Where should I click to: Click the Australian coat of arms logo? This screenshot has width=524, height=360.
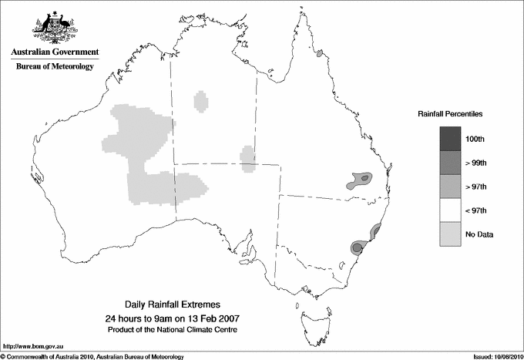(52, 26)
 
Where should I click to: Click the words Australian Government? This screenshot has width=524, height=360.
(52, 52)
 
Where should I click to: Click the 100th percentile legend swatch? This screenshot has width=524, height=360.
(450, 138)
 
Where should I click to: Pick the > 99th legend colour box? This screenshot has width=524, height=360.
(450, 162)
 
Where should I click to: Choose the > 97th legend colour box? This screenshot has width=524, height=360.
(450, 186)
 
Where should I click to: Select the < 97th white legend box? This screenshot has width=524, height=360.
(450, 210)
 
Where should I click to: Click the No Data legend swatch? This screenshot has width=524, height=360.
(450, 234)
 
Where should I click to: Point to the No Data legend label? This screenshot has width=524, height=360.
(479, 234)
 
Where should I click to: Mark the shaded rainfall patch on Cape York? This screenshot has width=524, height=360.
(319, 55)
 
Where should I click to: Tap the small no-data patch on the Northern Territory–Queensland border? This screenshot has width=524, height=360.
(248, 159)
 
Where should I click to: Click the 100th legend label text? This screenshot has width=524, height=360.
(475, 139)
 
